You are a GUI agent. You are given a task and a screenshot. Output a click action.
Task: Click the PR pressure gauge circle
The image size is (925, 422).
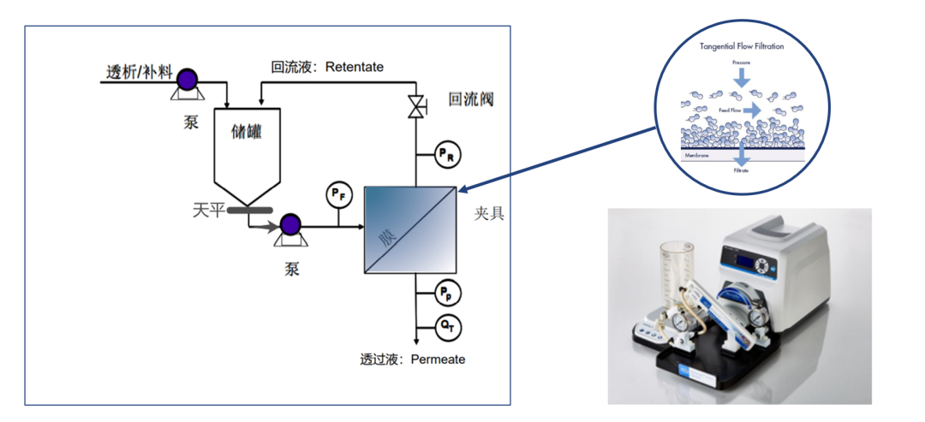tap(448, 154)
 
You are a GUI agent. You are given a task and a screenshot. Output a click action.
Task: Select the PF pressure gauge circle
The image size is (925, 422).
tap(339, 195)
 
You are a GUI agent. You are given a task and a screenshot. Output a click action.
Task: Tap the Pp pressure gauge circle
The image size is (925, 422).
tap(448, 293)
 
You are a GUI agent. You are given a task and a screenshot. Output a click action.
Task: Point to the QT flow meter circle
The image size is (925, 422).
tap(448, 326)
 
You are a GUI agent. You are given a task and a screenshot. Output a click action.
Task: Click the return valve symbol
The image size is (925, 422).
tap(416, 108)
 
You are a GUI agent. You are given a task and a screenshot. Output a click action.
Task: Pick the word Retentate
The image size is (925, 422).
tap(355, 67)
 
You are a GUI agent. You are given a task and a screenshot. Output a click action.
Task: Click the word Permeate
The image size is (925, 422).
tap(438, 360)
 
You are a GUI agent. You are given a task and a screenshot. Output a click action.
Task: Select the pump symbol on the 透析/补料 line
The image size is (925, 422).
tap(185, 81)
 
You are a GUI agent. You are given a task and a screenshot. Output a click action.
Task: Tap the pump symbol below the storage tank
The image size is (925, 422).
tap(289, 227)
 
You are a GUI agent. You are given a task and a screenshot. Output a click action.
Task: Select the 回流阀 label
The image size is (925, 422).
tap(471, 100)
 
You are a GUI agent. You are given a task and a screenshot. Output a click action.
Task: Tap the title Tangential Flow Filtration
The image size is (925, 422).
tap(742, 46)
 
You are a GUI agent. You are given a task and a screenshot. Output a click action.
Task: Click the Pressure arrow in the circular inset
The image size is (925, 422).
tap(742, 78)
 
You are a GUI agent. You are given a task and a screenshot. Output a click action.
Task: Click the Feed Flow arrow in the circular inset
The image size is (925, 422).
tap(750, 111)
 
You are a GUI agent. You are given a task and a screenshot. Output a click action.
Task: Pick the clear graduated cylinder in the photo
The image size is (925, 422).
tap(677, 274)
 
